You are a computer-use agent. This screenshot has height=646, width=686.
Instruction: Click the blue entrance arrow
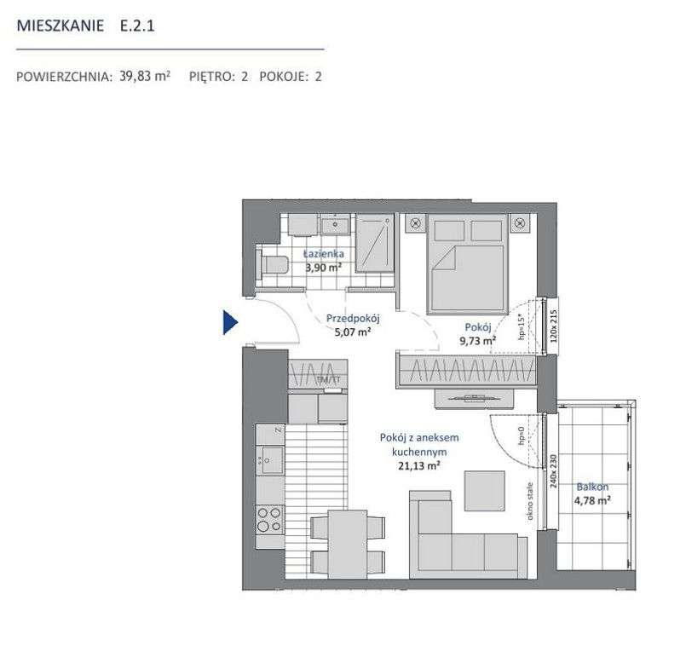coord(229,322)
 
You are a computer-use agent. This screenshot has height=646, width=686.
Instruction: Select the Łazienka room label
coord(324,253)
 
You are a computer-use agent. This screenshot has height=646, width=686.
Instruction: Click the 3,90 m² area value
coord(324,266)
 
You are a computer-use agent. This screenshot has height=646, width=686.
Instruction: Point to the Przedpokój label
coord(352,319)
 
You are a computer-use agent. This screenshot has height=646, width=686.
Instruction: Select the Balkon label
coord(592,487)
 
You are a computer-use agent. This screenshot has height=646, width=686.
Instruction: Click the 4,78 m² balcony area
coord(592,500)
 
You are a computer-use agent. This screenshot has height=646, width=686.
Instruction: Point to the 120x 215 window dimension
coord(551,325)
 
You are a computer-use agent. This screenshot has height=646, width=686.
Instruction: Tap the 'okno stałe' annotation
coord(529,500)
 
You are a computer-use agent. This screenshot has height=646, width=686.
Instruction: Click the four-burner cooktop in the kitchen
coord(270,516)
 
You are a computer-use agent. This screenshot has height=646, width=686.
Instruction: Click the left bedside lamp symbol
coord(415,223)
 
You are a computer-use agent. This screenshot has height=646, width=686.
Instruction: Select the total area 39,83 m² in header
coord(145,76)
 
